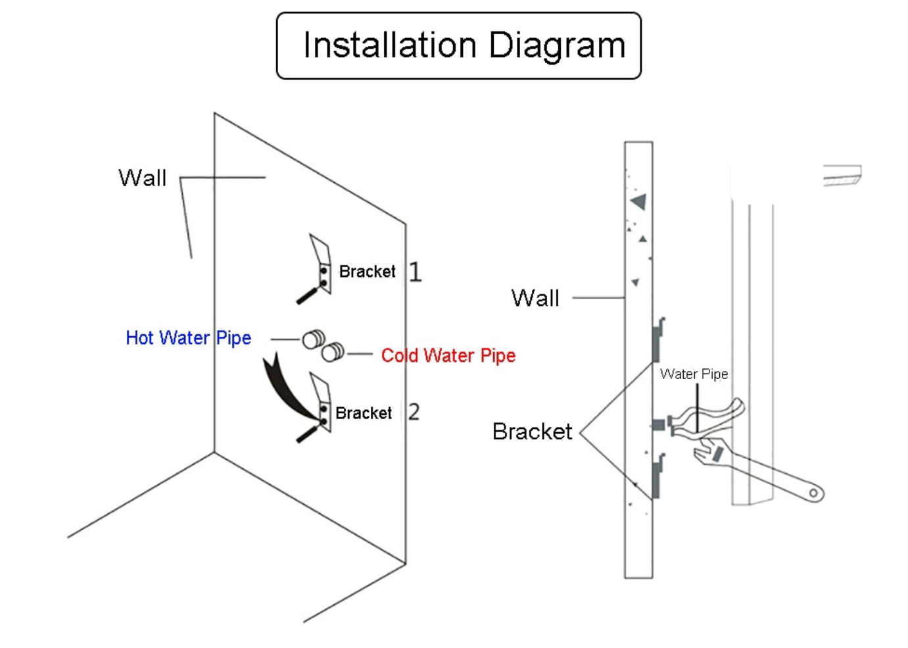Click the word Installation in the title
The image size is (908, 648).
pyautogui.click(x=389, y=46)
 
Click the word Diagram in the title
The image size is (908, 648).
pyautogui.click(x=556, y=46)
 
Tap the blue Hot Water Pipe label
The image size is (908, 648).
pyautogui.click(x=188, y=338)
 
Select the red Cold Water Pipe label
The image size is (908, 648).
pyautogui.click(x=448, y=356)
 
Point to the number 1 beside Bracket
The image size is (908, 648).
pyautogui.click(x=415, y=272)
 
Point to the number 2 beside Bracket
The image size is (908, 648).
pyautogui.click(x=414, y=412)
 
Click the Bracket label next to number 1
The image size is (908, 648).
pyautogui.click(x=367, y=272)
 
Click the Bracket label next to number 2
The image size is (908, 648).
pyautogui.click(x=363, y=413)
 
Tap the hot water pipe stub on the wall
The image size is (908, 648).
pyautogui.click(x=314, y=339)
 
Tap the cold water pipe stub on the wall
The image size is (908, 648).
pyautogui.click(x=333, y=353)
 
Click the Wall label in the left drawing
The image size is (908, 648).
pyautogui.click(x=142, y=178)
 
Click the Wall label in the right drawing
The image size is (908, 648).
pyautogui.click(x=535, y=299)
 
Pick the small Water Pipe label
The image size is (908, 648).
pyautogui.click(x=694, y=374)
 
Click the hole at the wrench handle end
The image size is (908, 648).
pyautogui.click(x=814, y=492)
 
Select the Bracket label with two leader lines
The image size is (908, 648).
pyautogui.click(x=532, y=432)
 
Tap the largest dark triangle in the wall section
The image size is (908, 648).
pyautogui.click(x=639, y=201)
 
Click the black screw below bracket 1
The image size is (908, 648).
pyautogui.click(x=307, y=295)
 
